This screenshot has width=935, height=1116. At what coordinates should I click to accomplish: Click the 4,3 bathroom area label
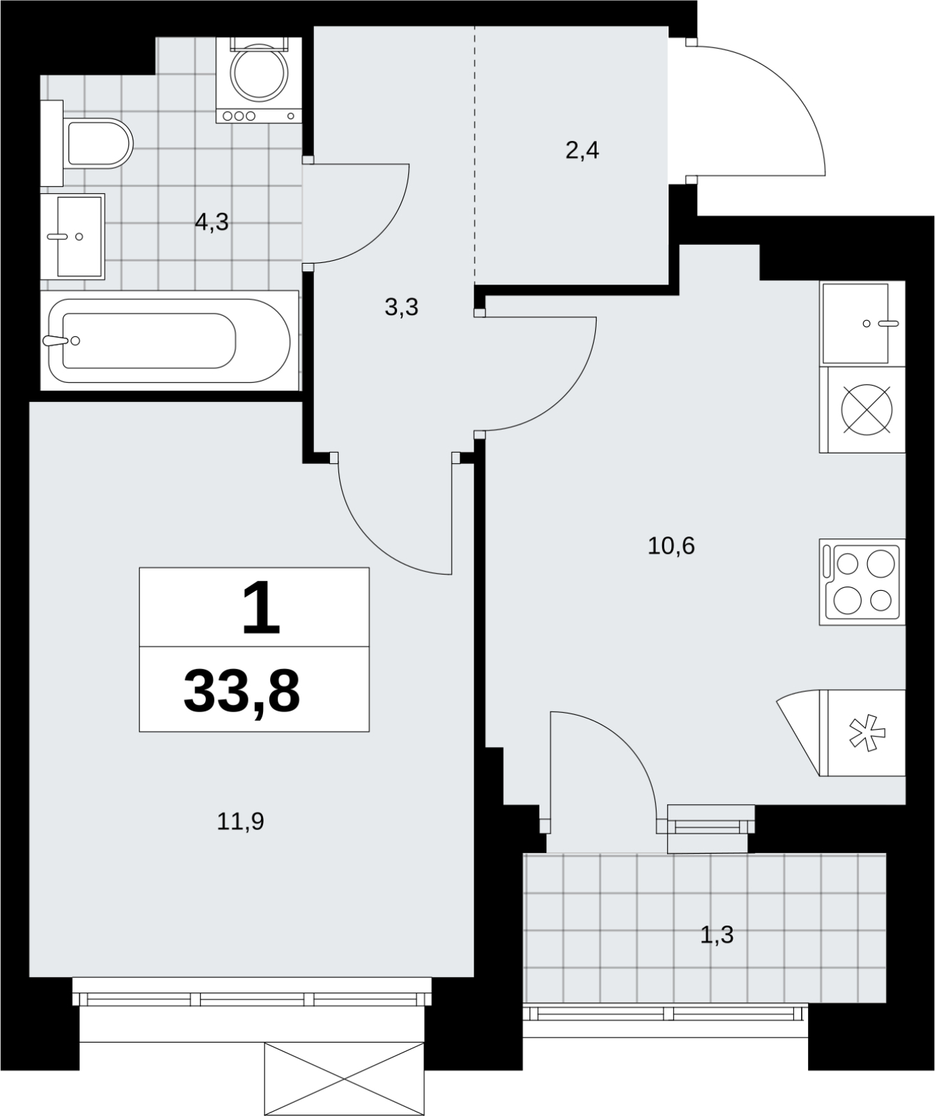click(212, 223)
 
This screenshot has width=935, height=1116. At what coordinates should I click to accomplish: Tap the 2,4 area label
click(582, 150)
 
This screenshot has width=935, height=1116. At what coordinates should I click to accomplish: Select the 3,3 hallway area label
click(401, 306)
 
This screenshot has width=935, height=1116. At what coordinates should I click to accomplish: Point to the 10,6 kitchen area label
click(671, 545)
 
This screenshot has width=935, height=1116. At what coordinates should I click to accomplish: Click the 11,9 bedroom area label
click(240, 822)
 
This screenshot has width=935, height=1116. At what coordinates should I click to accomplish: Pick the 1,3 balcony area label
click(717, 934)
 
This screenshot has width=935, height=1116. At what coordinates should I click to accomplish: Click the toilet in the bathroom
click(98, 143)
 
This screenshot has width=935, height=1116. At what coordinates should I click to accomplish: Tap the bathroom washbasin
click(73, 236)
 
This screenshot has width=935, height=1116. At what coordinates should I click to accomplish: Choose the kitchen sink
click(862, 323)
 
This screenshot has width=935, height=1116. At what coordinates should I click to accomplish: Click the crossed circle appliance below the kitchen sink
click(867, 409)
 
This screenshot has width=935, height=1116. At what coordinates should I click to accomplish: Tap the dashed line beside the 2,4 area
click(475, 155)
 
